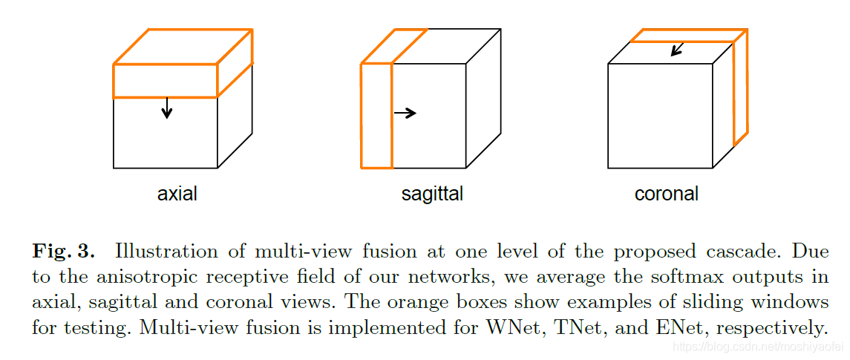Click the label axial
click(177, 194)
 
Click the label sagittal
click(432, 194)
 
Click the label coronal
click(666, 194)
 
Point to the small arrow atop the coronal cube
click(676, 49)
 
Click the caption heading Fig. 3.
click(63, 251)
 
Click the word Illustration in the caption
click(162, 251)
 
